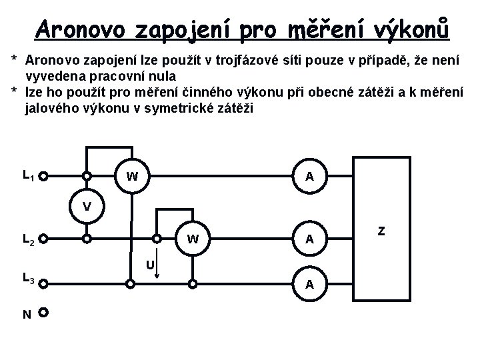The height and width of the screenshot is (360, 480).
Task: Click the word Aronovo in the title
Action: tap(83, 30)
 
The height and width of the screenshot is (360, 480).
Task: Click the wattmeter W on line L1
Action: tap(132, 177)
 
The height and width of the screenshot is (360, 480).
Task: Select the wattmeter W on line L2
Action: tap(192, 239)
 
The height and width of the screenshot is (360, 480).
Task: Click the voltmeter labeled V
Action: tap(87, 207)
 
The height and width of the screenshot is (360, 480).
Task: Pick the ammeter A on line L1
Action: tap(309, 177)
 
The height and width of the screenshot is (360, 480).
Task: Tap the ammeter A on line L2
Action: tap(309, 239)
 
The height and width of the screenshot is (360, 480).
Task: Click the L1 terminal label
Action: tap(28, 176)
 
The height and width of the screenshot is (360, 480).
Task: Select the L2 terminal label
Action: tap(28, 238)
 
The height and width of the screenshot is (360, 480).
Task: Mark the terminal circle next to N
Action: tap(43, 312)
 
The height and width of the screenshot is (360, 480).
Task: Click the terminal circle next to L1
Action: tap(43, 177)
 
